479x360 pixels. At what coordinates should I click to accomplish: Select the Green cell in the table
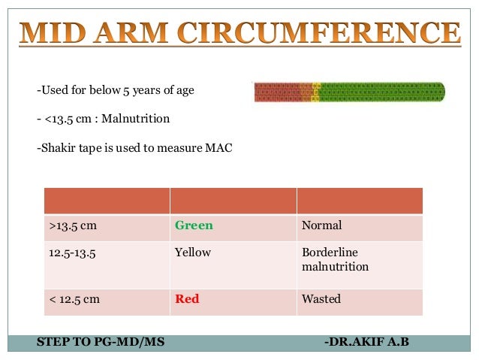(194, 225)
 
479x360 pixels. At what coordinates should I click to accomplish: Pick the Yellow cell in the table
(193, 253)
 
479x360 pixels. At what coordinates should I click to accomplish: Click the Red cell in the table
(187, 299)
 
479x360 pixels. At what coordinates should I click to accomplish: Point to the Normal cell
(321, 225)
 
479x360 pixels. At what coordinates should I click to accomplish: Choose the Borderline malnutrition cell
(335, 259)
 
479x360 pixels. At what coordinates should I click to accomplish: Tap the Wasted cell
(321, 299)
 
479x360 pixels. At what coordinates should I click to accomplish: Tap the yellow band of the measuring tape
(316, 92)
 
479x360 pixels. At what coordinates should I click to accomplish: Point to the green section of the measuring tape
(383, 92)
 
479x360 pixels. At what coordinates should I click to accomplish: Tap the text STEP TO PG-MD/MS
(100, 342)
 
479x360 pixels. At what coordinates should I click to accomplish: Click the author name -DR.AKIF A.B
(367, 342)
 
